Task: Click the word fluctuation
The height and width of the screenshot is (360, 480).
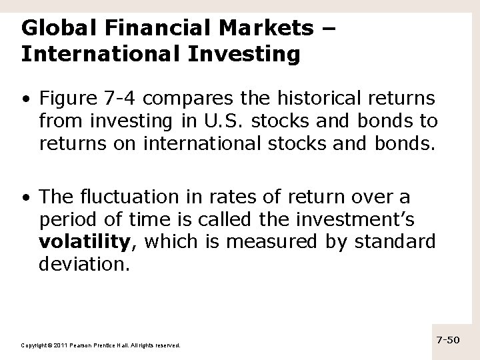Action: pyautogui.click(x=121, y=198)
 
